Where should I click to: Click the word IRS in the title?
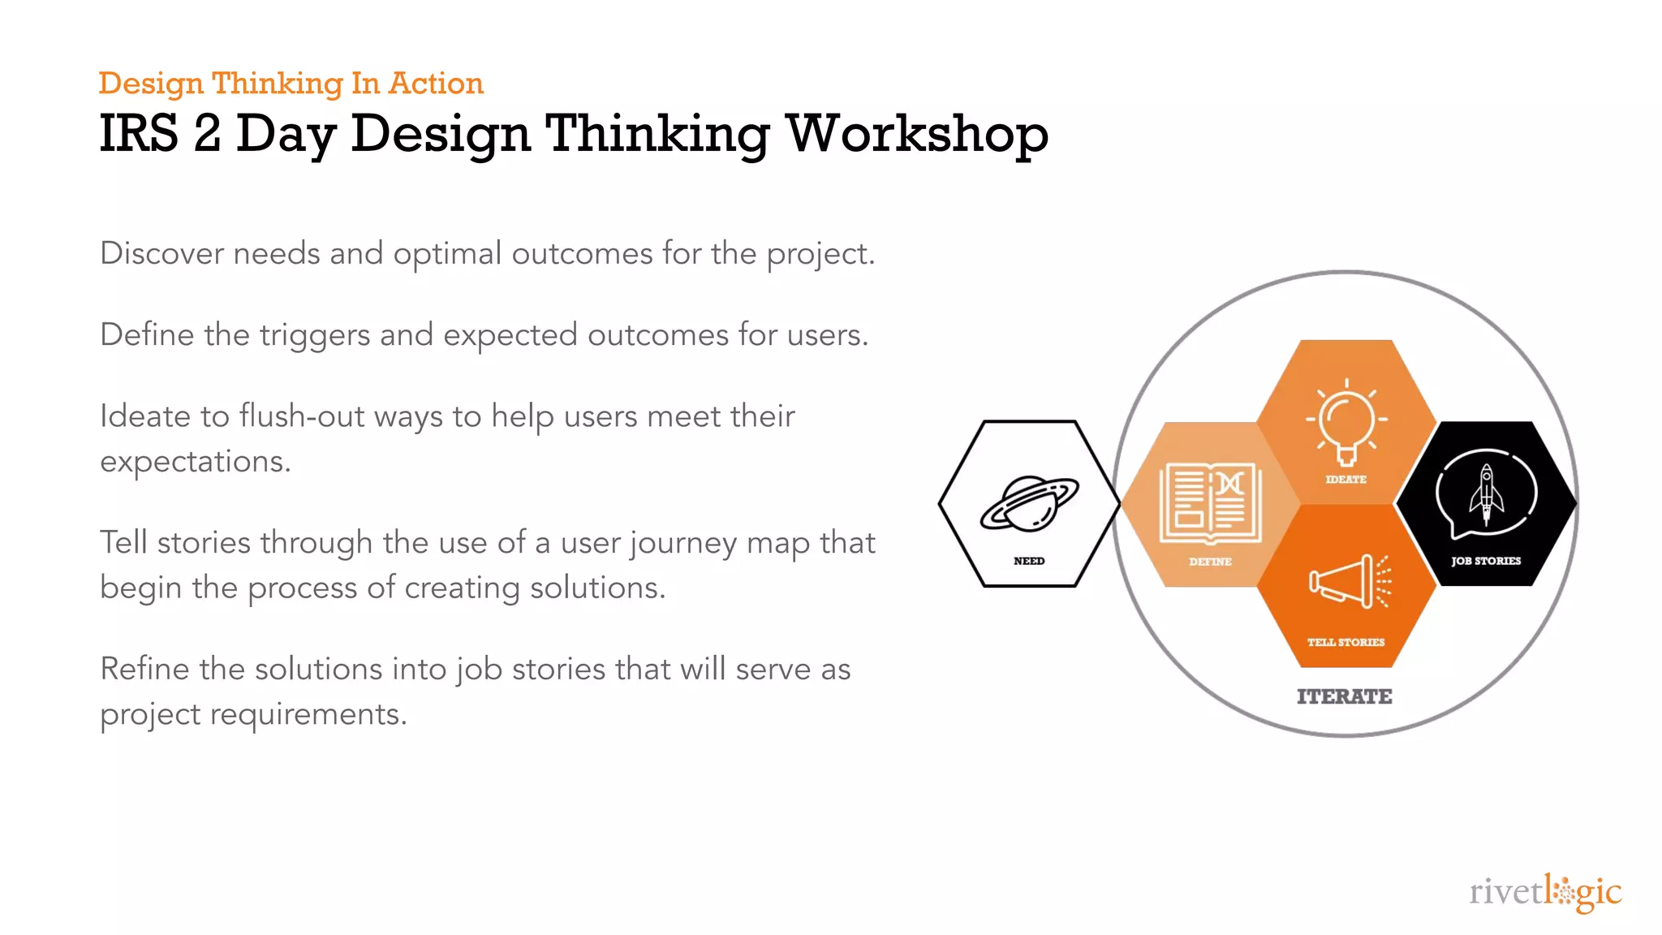[x=138, y=134]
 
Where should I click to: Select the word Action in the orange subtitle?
[x=436, y=84]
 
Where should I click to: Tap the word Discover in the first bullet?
[x=161, y=253]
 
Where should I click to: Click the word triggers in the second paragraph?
[x=315, y=336]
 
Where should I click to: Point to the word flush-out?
[x=302, y=416]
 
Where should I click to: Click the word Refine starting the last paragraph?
[x=144, y=670]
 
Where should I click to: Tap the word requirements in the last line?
[x=308, y=715]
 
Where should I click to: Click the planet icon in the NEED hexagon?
[x=1029, y=503]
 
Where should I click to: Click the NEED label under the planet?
[x=1029, y=561]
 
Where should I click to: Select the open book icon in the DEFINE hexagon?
[x=1210, y=502]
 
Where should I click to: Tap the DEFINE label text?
[x=1210, y=562]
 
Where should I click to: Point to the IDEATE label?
[x=1346, y=480]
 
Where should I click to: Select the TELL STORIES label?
[x=1346, y=642]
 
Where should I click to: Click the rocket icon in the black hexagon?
[x=1486, y=493]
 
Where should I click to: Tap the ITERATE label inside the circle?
[x=1344, y=697]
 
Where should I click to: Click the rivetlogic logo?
[x=1545, y=893]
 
